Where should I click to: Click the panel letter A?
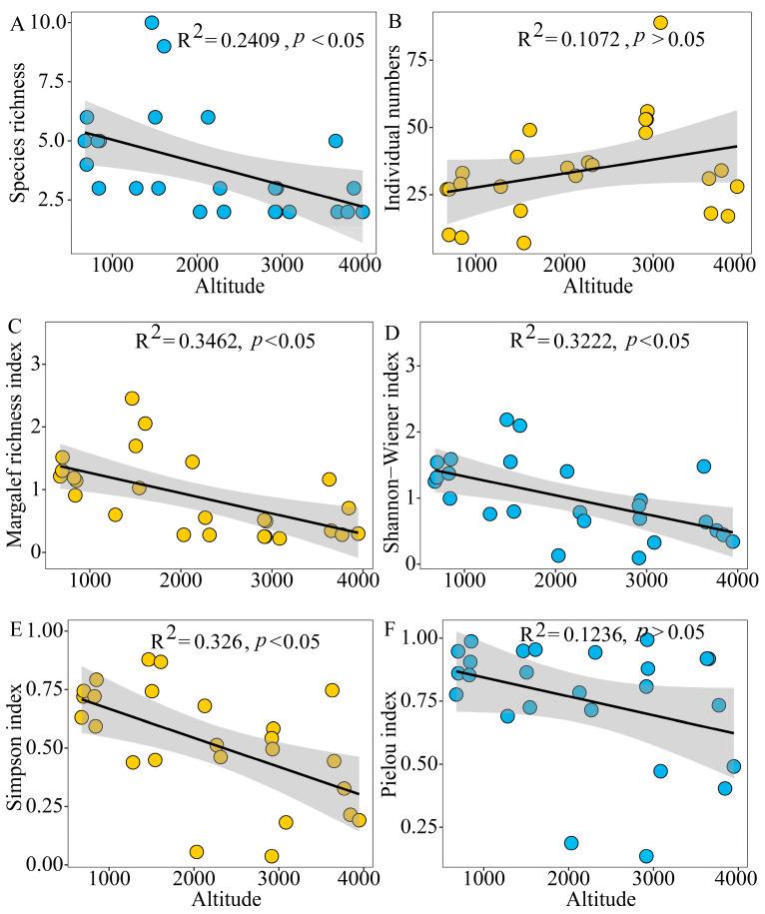click(15, 25)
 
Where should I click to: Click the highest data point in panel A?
click(152, 22)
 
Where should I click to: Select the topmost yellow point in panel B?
click(660, 22)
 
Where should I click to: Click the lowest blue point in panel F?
click(646, 856)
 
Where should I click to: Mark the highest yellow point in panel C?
click(132, 398)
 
